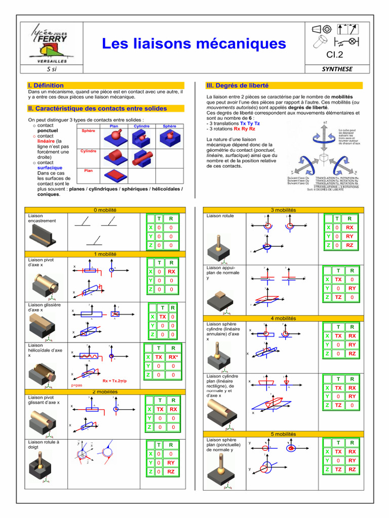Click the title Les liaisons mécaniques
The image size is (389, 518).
click(194, 44)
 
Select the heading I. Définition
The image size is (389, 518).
click(46, 85)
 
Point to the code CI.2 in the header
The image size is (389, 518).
click(335, 55)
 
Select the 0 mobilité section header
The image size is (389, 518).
click(105, 210)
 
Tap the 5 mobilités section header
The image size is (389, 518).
click(283, 434)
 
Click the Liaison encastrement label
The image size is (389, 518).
click(43, 218)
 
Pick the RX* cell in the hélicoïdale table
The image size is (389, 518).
click(173, 357)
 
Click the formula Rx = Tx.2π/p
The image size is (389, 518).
click(114, 381)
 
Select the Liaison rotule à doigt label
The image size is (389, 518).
click(43, 445)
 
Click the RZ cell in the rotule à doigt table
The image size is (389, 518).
click(171, 471)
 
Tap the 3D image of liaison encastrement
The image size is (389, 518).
click(42, 235)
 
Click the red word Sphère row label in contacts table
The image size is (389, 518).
click(89, 131)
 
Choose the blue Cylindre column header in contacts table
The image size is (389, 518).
click(141, 126)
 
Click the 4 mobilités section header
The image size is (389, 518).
click(283, 318)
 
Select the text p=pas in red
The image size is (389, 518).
click(76, 386)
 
